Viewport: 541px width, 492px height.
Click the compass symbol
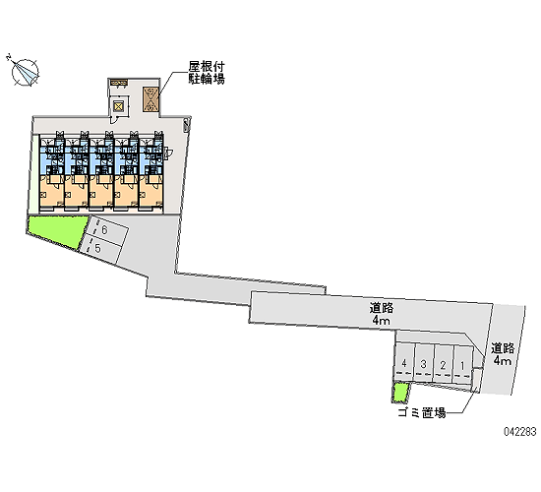tap(25, 72)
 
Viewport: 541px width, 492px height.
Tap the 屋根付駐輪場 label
tap(207, 73)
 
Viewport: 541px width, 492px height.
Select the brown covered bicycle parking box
tap(150, 99)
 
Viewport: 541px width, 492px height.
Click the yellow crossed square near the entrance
tap(118, 106)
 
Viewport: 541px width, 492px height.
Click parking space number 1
tap(462, 364)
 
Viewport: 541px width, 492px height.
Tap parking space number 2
tap(444, 363)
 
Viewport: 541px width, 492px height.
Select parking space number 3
tap(424, 362)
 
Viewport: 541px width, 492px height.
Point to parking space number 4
tap(404, 361)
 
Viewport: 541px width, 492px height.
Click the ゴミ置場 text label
tap(422, 412)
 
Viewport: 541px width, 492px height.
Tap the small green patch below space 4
tap(400, 393)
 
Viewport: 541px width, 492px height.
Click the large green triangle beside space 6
tap(59, 229)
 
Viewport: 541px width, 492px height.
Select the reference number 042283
tap(520, 432)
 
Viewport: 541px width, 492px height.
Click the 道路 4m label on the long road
tap(382, 314)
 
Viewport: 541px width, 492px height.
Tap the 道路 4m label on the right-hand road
tap(503, 354)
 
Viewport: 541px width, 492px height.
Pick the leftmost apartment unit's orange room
tap(52, 192)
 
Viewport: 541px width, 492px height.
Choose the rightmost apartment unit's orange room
tap(150, 192)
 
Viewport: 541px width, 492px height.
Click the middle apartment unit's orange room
tap(101, 192)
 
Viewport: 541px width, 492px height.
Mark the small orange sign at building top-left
tap(119, 83)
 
